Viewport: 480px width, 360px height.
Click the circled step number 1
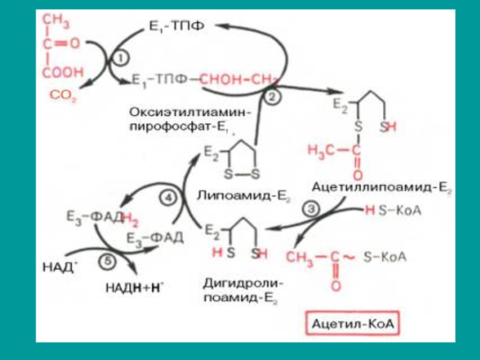pos(120,59)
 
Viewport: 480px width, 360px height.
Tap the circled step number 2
pos(271,97)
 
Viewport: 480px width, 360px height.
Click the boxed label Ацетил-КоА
pos(355,323)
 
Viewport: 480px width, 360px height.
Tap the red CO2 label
pos(63,96)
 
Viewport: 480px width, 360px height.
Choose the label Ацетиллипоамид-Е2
pos(381,187)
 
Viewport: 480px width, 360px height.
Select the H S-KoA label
pos(393,211)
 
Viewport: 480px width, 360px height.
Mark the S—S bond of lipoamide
pos(241,174)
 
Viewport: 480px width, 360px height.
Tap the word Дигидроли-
pos(243,283)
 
